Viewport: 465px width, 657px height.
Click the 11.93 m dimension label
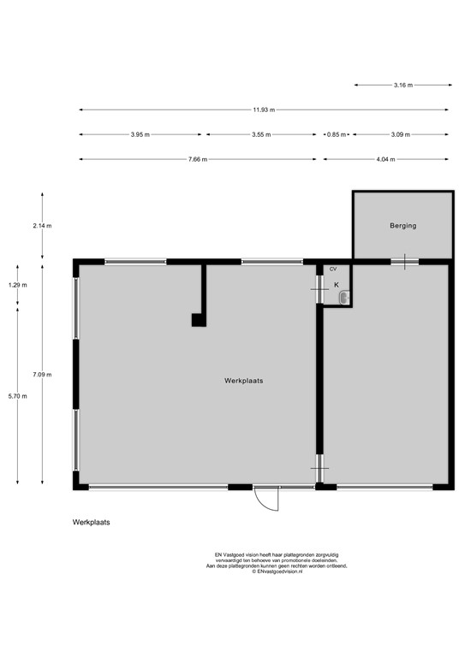point(264,109)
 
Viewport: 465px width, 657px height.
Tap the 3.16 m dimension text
point(403,85)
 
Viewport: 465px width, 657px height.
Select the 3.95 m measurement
point(140,134)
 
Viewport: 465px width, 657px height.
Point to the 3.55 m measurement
point(261,134)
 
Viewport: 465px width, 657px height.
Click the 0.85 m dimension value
point(337,134)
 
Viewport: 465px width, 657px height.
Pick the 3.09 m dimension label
point(401,134)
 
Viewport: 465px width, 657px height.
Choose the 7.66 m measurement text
point(198,159)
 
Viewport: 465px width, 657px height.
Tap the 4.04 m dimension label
point(385,159)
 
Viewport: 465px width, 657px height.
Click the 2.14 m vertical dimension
point(42,226)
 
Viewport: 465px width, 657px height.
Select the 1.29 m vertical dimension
point(18,285)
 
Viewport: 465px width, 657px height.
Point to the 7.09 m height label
point(42,375)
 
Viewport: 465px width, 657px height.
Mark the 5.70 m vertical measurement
point(18,396)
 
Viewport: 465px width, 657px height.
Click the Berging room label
point(403,226)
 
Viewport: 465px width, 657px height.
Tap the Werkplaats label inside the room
point(243,381)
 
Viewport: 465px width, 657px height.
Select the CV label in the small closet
point(333,269)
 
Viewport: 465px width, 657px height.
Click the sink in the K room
point(343,298)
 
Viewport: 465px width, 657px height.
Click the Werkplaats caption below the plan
point(91,522)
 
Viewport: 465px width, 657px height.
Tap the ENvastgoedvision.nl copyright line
point(277,571)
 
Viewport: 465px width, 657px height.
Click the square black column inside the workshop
point(199,320)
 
